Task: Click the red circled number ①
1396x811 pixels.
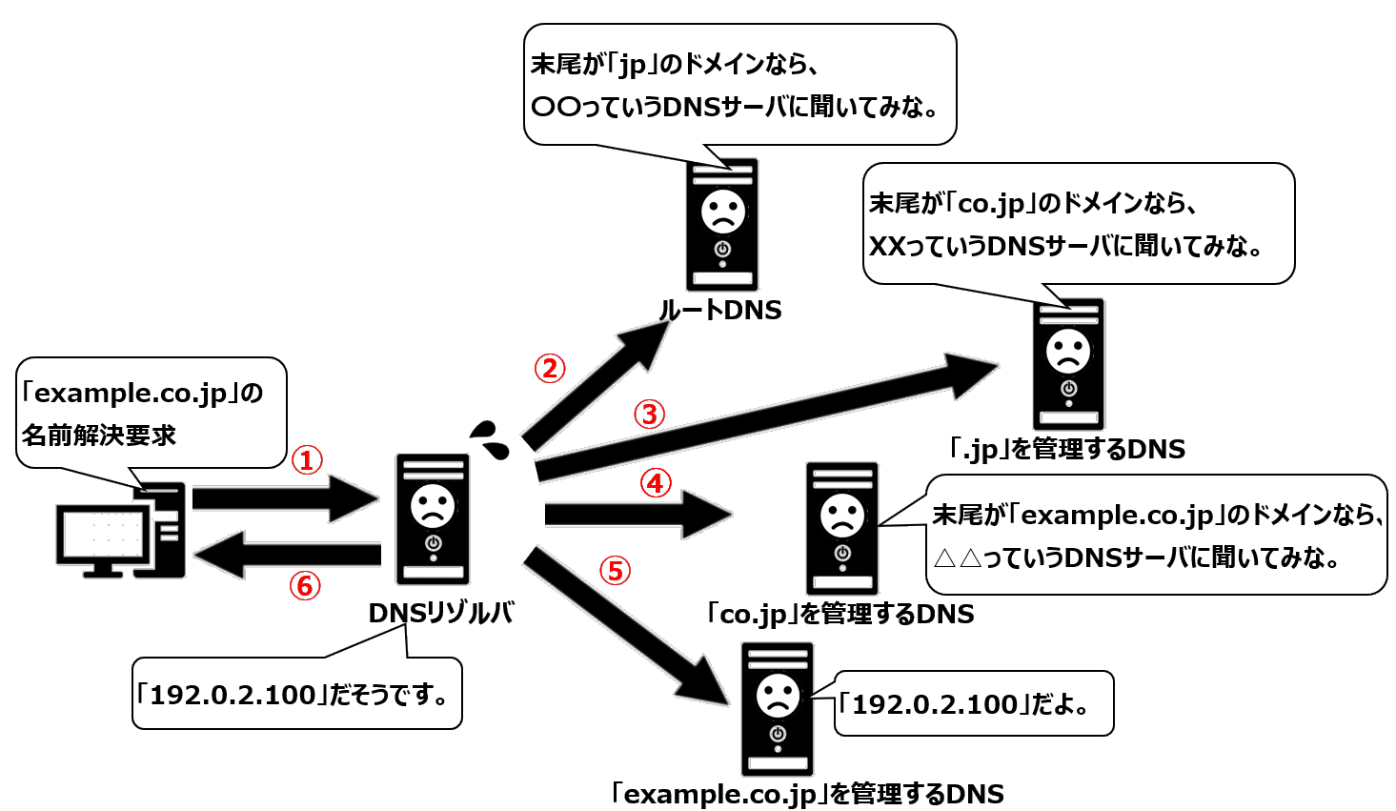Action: pos(306,461)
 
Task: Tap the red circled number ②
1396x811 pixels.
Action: pos(549,369)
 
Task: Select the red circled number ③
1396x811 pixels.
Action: pos(649,415)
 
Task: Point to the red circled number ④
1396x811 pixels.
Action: pos(655,484)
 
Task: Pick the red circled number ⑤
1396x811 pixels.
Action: pos(615,571)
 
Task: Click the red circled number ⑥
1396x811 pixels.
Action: pos(305,585)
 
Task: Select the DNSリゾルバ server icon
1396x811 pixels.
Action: pos(433,519)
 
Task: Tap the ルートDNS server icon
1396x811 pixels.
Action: pos(722,225)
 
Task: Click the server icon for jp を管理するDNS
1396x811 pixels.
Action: pos(1068,365)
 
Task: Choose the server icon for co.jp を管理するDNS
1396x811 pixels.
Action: pos(841,529)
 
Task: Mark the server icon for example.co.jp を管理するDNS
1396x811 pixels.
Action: pos(778,709)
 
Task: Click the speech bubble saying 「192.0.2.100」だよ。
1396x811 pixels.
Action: pos(972,705)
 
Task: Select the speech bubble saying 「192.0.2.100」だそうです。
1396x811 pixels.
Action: pos(296,695)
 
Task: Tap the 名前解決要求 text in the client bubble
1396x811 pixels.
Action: pos(99,436)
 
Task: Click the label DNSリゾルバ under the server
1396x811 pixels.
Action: pos(441,614)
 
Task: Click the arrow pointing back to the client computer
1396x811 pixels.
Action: pos(286,555)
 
